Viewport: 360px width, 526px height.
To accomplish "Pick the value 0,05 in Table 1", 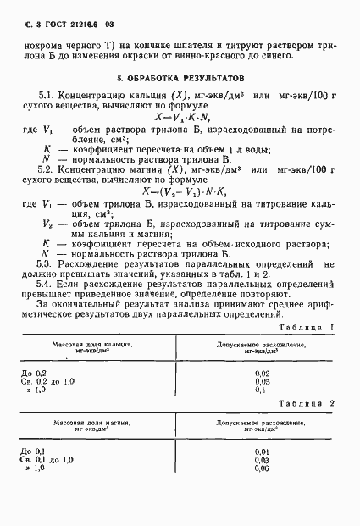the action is [262, 381].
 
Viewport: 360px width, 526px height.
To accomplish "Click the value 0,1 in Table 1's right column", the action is [260, 390].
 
